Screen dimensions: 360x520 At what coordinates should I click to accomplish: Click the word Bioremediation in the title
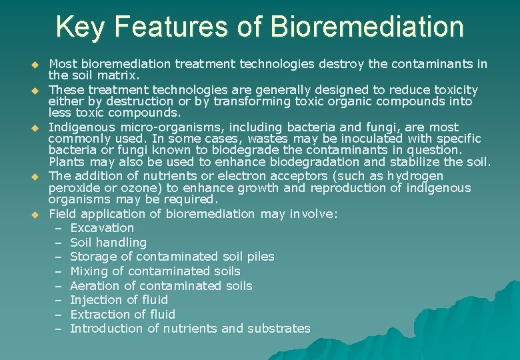coord(367,27)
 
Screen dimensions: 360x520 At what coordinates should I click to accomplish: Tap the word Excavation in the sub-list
coord(101,228)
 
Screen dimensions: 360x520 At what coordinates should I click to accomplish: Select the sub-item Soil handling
coord(108,243)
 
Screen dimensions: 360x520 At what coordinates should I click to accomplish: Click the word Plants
coord(67,162)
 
